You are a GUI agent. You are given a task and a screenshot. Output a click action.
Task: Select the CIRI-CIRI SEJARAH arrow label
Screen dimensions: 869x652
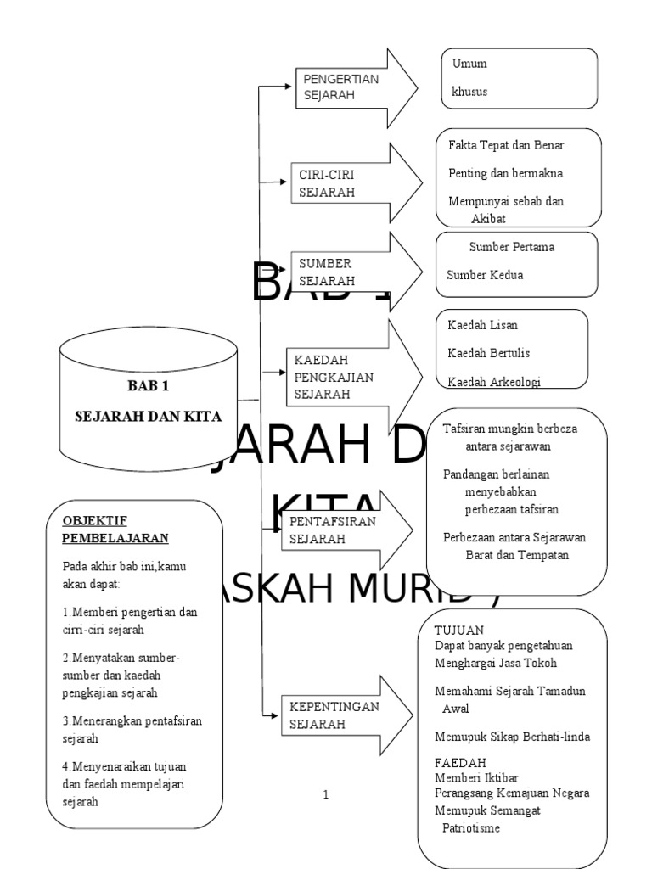tap(327, 183)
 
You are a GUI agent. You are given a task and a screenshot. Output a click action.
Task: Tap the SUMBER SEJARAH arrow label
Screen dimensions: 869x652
tap(326, 272)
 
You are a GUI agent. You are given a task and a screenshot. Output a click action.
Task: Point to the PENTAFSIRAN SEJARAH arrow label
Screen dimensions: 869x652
tap(332, 529)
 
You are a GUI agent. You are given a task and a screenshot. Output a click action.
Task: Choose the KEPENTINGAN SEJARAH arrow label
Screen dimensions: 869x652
tap(334, 715)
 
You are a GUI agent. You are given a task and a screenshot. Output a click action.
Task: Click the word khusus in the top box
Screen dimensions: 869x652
tap(469, 91)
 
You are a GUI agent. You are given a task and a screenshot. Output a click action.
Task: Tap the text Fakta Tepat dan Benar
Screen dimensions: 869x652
tap(506, 145)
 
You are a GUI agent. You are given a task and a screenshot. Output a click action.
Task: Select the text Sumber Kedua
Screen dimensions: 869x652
tap(485, 275)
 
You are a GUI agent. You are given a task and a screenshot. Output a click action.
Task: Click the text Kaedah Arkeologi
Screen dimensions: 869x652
tap(494, 381)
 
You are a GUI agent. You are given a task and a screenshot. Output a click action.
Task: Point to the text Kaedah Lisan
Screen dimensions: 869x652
tap(482, 325)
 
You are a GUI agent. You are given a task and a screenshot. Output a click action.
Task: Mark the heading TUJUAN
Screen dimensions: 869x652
tap(458, 631)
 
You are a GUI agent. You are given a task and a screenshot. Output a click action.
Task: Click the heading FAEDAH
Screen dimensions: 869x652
tap(460, 762)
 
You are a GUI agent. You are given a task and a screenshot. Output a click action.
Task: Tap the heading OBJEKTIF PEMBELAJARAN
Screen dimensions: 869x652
tap(115, 529)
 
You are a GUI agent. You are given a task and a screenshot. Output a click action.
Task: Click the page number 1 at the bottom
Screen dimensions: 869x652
tap(326, 794)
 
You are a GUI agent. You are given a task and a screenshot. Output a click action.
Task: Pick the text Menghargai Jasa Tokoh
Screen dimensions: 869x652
tap(496, 663)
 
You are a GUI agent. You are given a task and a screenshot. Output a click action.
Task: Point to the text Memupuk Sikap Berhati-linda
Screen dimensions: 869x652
tap(512, 736)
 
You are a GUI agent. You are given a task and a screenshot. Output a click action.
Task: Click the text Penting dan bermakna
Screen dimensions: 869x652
tap(506, 173)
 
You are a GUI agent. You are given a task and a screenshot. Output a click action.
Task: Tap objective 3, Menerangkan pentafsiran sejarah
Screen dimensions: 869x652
tap(132, 729)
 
